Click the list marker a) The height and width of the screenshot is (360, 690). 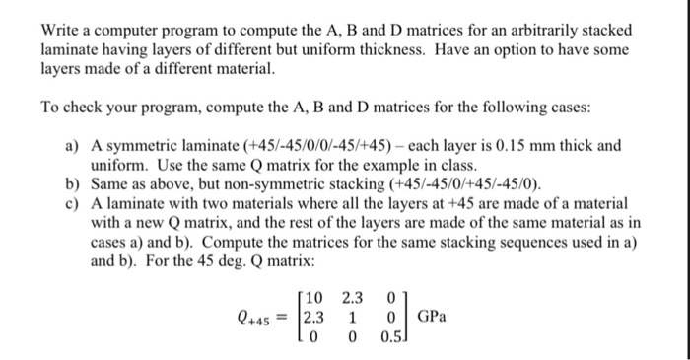coord(72,146)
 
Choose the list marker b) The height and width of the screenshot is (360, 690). coord(72,184)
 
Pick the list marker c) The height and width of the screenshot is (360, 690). coord(72,203)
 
